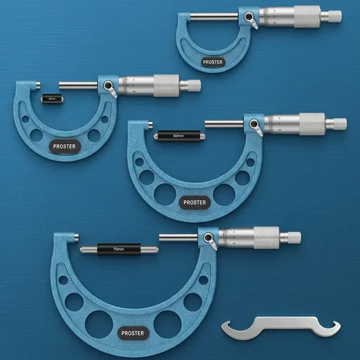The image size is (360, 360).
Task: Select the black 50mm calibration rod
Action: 178,136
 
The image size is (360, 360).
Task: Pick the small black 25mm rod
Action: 52,98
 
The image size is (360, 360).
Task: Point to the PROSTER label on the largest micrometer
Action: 133,333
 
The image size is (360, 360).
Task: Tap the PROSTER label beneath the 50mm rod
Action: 195,202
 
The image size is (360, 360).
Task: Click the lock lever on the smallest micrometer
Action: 251,22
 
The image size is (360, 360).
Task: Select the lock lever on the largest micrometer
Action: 212,242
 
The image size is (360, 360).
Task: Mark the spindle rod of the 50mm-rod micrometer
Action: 225,123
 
